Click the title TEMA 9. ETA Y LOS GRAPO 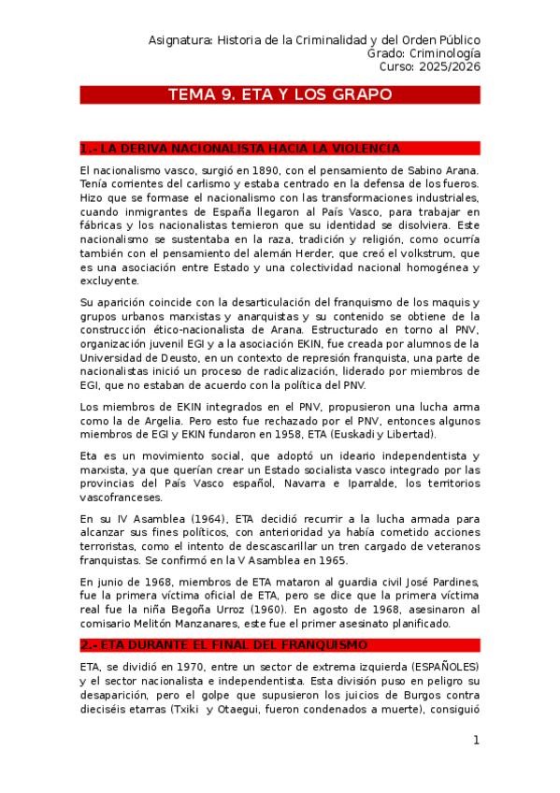coord(280,94)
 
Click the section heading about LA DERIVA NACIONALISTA coord(241,149)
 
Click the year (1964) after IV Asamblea coord(195,519)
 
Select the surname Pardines coord(451,583)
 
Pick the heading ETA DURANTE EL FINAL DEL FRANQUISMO coord(224,645)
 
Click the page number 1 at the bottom coord(476,741)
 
